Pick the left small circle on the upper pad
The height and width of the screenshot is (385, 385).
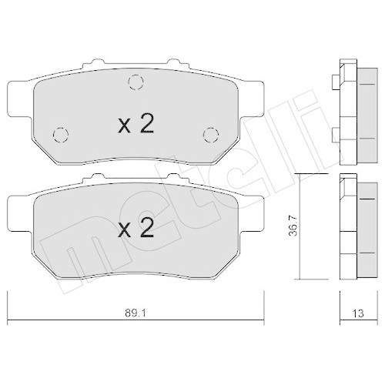[x=59, y=133]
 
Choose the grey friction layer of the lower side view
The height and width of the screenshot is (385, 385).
[x=356, y=229]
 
